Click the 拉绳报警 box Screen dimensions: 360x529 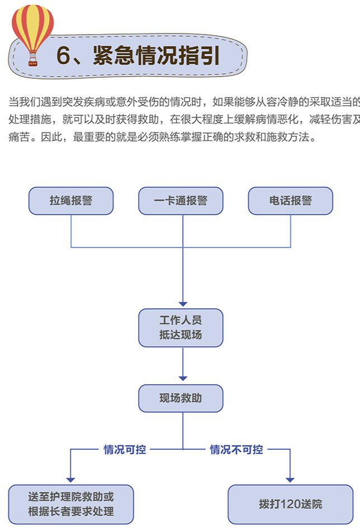pyautogui.click(x=71, y=201)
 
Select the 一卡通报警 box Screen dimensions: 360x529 pyautogui.click(x=181, y=201)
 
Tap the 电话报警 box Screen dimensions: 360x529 pyautogui.click(x=291, y=201)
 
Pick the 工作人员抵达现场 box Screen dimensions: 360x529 pyautogui.click(x=181, y=328)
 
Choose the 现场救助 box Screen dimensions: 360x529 pyautogui.click(x=181, y=398)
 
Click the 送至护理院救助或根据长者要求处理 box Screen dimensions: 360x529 pyautogui.click(x=71, y=504)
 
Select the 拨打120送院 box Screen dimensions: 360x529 pyautogui.click(x=291, y=504)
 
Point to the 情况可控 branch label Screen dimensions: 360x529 pyautogui.click(x=125, y=450)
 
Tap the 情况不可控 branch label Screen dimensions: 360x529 pyautogui.click(x=236, y=450)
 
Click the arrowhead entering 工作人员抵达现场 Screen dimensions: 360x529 pyautogui.click(x=183, y=304)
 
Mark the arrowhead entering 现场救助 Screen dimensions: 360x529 pyautogui.click(x=183, y=379)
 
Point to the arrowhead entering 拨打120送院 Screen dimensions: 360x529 pyautogui.click(x=290, y=480)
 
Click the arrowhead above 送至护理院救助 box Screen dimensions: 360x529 pyautogui.click(x=70, y=480)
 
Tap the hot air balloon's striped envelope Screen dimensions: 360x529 pyautogui.click(x=33, y=27)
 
